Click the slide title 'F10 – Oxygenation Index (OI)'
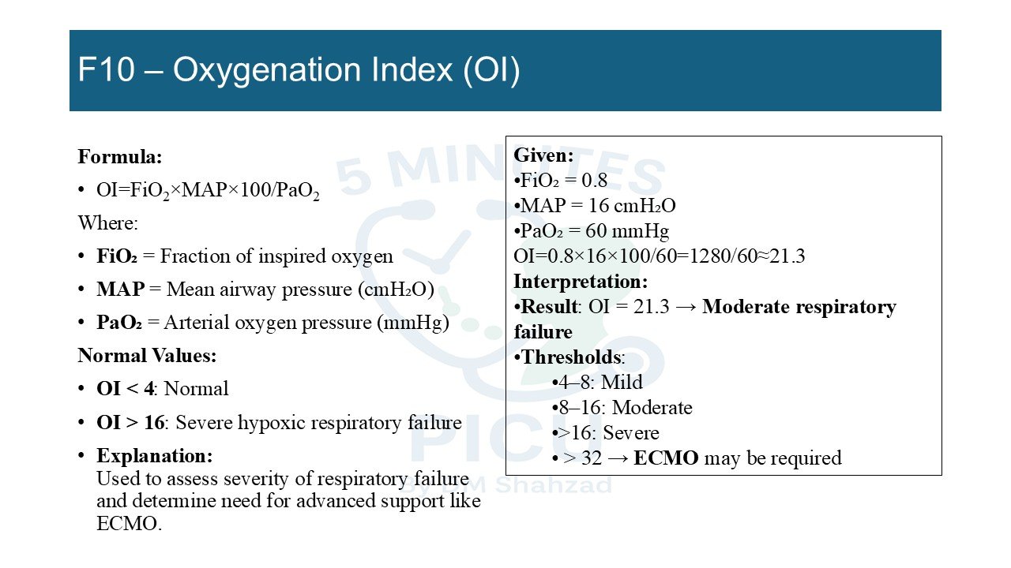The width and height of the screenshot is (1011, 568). point(299,70)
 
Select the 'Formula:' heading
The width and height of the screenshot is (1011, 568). point(120,157)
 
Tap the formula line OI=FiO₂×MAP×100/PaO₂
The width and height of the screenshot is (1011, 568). point(208,191)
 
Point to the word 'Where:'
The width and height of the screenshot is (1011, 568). point(108,223)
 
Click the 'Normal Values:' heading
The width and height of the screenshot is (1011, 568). point(147,356)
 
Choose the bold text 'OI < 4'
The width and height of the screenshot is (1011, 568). point(125,389)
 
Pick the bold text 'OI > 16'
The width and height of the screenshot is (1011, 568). point(130,422)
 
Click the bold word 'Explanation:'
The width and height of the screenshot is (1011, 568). point(154,456)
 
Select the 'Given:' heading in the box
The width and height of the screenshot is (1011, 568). point(543,155)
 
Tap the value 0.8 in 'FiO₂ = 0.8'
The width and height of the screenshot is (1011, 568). point(595,181)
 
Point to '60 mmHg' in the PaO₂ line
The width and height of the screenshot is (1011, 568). point(627,231)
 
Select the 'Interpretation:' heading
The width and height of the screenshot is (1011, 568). point(581,282)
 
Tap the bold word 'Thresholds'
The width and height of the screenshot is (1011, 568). point(571,357)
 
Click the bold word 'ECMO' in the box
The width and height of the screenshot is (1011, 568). point(666,458)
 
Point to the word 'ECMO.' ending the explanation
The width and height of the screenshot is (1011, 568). point(129,524)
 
